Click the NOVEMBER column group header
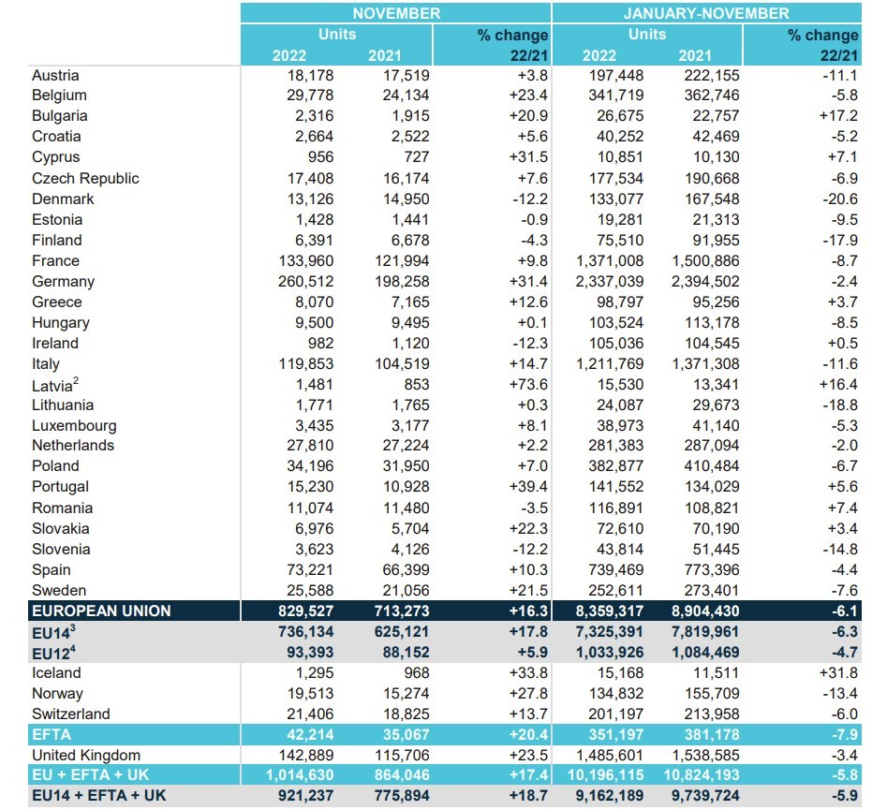coord(396,13)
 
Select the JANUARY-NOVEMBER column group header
coord(706,13)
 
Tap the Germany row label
coord(63,281)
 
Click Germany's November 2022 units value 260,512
coord(303,281)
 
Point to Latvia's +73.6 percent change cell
coord(525,385)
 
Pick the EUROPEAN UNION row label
coord(101,611)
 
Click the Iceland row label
coord(56,672)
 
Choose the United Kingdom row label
coord(86,755)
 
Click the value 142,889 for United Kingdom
coord(303,755)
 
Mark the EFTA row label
coord(52,734)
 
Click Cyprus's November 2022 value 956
coord(319,156)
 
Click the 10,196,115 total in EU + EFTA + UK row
coord(608,775)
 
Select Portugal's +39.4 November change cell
coord(525,486)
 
